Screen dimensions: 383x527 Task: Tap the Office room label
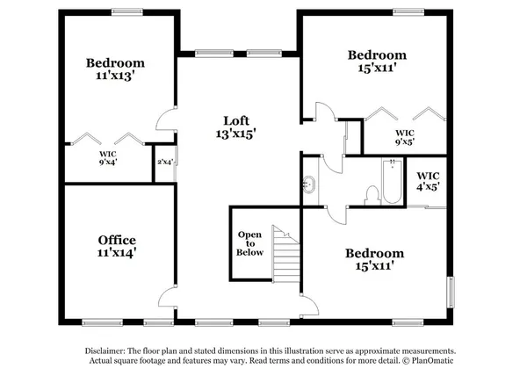pos(116,239)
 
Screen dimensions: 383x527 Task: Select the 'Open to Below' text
pos(251,243)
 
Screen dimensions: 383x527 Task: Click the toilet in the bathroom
pos(369,193)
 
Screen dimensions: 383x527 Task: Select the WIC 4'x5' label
pos(428,181)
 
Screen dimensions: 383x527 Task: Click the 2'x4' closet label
pos(164,162)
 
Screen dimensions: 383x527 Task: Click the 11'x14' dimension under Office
pos(116,253)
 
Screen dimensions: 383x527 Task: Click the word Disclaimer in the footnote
pos(101,350)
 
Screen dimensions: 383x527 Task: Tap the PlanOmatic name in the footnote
pos(436,361)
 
